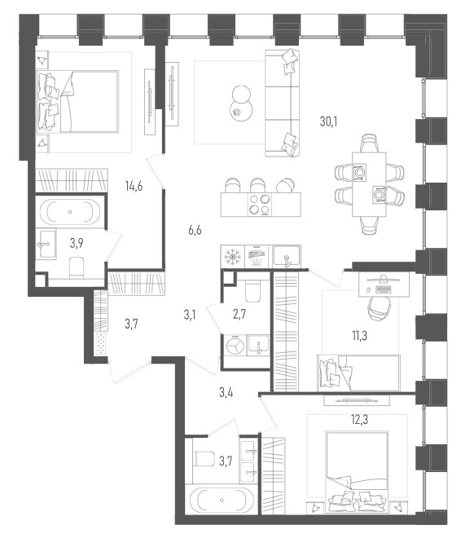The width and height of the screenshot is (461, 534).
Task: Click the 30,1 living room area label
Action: click(328, 121)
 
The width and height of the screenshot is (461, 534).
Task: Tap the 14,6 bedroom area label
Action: click(134, 186)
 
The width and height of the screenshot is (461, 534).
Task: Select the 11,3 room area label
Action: click(359, 336)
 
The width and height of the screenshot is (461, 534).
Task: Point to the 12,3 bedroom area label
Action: click(359, 420)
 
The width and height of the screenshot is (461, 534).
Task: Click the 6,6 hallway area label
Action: click(195, 230)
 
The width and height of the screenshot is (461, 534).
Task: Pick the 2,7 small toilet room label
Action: click(239, 315)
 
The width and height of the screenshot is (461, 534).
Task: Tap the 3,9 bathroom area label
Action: click(77, 243)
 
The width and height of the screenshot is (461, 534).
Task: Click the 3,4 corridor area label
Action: click(226, 393)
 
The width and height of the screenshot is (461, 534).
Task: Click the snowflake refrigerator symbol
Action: click(233, 256)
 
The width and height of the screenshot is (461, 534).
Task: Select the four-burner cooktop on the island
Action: click(260, 205)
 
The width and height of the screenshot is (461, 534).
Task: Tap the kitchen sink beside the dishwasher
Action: click(288, 256)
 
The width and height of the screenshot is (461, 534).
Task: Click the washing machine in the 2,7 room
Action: click(235, 346)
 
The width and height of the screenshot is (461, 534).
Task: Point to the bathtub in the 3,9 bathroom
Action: click(70, 211)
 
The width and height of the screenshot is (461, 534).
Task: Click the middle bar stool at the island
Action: click(257, 185)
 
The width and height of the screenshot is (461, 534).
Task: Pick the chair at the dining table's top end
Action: click(370, 143)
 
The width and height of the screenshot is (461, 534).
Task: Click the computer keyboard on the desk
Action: click(384, 289)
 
